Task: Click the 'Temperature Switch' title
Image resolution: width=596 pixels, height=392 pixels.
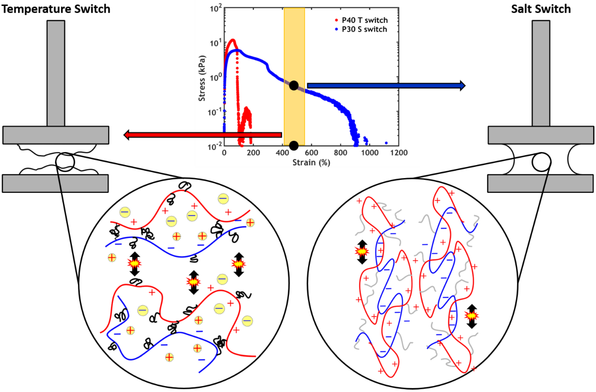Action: point(56,9)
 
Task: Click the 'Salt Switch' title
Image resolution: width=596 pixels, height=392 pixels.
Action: point(541,9)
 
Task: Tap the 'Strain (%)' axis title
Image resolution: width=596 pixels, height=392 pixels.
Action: point(311,163)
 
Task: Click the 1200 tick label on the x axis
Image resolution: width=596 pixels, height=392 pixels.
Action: point(399,153)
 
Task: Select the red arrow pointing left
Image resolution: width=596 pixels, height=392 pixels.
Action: point(203,135)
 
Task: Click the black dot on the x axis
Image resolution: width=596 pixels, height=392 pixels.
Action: point(294,145)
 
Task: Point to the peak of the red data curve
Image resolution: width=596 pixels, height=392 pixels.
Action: point(233,40)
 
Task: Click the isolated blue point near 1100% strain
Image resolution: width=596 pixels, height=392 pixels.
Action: point(386,143)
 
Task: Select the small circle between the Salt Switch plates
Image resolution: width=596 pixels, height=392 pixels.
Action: point(541,162)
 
